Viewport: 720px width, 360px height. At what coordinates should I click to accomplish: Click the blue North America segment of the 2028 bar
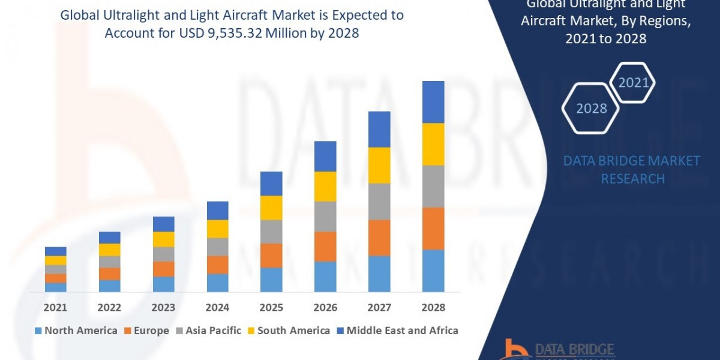(x=433, y=271)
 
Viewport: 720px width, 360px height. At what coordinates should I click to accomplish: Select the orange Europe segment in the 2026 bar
(x=325, y=246)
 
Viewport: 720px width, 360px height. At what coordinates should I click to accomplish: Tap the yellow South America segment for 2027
(x=379, y=165)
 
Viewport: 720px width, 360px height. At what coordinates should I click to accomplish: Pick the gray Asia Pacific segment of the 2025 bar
(x=271, y=232)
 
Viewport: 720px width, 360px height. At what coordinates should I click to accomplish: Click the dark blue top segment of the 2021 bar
(x=56, y=251)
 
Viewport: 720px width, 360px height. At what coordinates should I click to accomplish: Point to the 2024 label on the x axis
(x=217, y=308)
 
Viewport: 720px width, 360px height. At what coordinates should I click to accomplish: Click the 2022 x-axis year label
(x=109, y=308)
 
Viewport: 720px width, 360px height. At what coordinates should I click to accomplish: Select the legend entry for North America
(x=76, y=331)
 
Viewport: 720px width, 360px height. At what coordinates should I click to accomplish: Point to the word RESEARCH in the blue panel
(x=632, y=179)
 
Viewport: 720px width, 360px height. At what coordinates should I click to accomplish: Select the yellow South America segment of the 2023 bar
(x=164, y=239)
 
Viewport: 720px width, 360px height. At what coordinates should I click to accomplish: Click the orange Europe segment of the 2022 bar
(x=110, y=274)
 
